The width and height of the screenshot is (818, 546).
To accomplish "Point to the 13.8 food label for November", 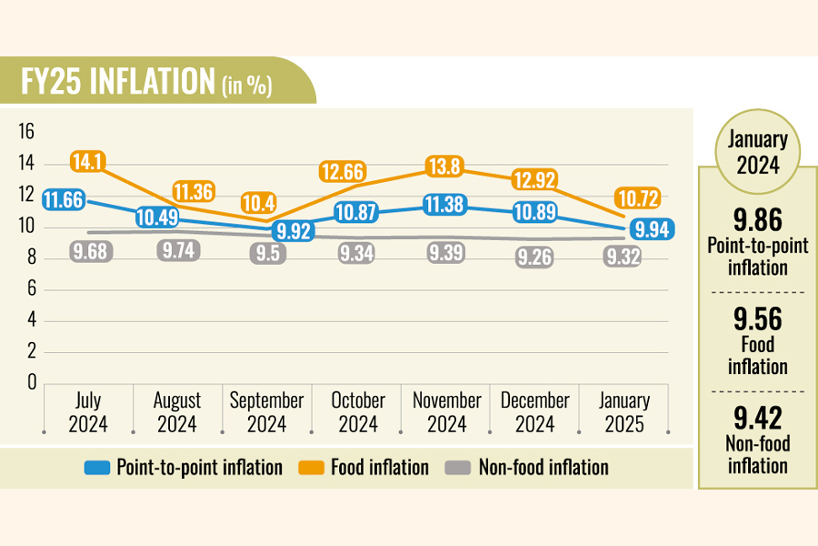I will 445,167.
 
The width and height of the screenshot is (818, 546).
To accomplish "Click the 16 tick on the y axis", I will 26,133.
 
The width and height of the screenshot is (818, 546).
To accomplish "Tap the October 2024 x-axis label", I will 358,412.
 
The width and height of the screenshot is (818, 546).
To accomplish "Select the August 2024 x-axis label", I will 177,412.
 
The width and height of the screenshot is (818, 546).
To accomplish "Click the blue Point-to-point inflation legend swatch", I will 96,468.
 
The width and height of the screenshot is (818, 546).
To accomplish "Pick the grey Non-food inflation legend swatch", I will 459,468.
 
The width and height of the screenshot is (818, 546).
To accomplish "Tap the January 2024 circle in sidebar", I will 756,152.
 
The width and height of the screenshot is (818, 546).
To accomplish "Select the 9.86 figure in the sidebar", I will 756,219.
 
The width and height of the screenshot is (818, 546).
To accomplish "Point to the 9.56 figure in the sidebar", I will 756,318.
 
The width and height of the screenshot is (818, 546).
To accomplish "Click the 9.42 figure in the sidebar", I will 756,418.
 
